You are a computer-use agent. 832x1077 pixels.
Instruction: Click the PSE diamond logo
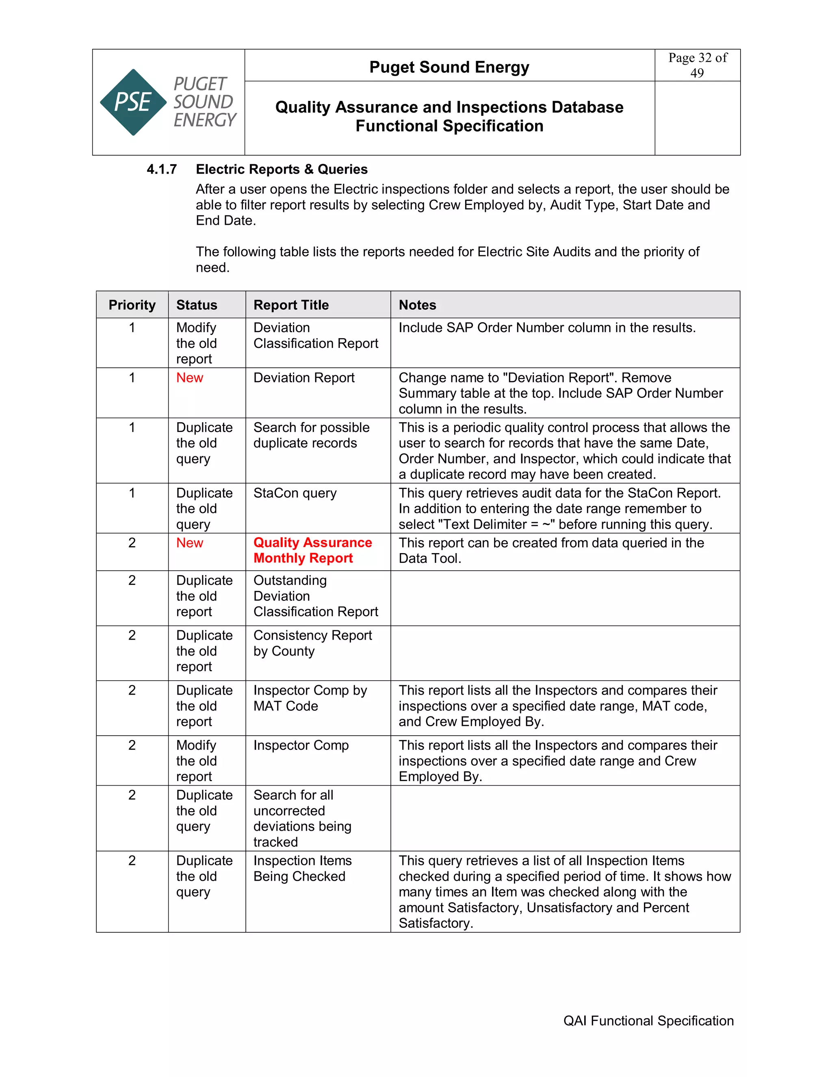[x=133, y=102]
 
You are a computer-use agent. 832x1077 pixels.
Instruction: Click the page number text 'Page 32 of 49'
[x=697, y=65]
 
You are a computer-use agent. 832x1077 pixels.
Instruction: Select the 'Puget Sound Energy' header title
[x=449, y=67]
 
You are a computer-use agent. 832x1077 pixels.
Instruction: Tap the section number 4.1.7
[x=162, y=169]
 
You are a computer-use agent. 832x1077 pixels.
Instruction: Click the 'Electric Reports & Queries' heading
[x=282, y=169]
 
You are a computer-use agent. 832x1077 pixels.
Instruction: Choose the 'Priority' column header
[x=132, y=305]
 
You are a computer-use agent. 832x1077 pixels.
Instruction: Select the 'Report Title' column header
[x=291, y=305]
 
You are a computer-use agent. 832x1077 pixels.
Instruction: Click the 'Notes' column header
[x=417, y=305]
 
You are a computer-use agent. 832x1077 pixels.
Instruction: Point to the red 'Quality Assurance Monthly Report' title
[x=312, y=550]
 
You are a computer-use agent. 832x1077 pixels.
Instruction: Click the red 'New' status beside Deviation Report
[x=189, y=378]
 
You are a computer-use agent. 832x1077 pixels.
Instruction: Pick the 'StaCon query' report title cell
[x=295, y=493]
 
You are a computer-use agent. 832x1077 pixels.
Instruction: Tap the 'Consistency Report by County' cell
[x=312, y=643]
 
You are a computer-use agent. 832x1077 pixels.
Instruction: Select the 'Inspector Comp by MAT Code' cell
[x=310, y=698]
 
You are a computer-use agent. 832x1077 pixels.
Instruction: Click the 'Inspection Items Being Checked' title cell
[x=302, y=869]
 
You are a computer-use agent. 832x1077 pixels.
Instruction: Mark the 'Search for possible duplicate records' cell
[x=311, y=435]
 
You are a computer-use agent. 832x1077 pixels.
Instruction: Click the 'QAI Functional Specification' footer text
[x=648, y=1021]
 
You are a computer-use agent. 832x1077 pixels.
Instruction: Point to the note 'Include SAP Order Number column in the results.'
[x=547, y=328]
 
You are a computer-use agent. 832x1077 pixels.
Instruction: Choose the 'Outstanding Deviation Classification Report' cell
[x=315, y=596]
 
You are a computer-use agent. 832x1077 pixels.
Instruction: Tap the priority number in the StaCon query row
[x=132, y=493]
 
